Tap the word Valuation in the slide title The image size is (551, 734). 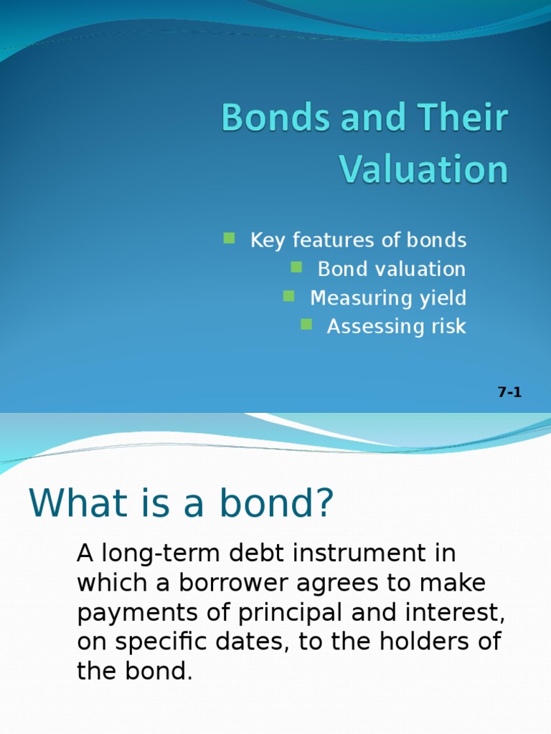pyautogui.click(x=423, y=170)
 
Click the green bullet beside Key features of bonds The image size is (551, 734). pyautogui.click(x=229, y=238)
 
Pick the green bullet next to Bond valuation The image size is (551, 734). pyautogui.click(x=296, y=267)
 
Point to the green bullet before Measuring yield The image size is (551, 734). pyautogui.click(x=289, y=295)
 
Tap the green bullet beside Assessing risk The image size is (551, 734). pyautogui.click(x=306, y=324)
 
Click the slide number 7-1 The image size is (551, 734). pyautogui.click(x=509, y=392)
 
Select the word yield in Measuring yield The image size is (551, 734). pyautogui.click(x=442, y=298)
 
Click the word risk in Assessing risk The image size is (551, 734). pyautogui.click(x=448, y=327)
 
